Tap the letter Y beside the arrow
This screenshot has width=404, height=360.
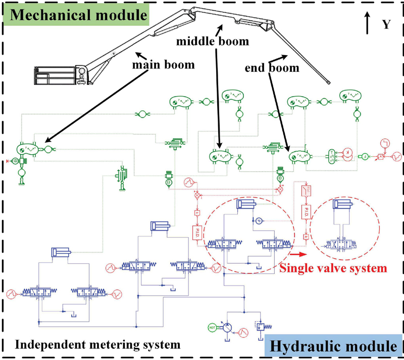click(x=386, y=24)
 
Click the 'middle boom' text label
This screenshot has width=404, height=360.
click(x=212, y=41)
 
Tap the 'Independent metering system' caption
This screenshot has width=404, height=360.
click(x=97, y=345)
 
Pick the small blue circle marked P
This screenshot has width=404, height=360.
click(x=259, y=221)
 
